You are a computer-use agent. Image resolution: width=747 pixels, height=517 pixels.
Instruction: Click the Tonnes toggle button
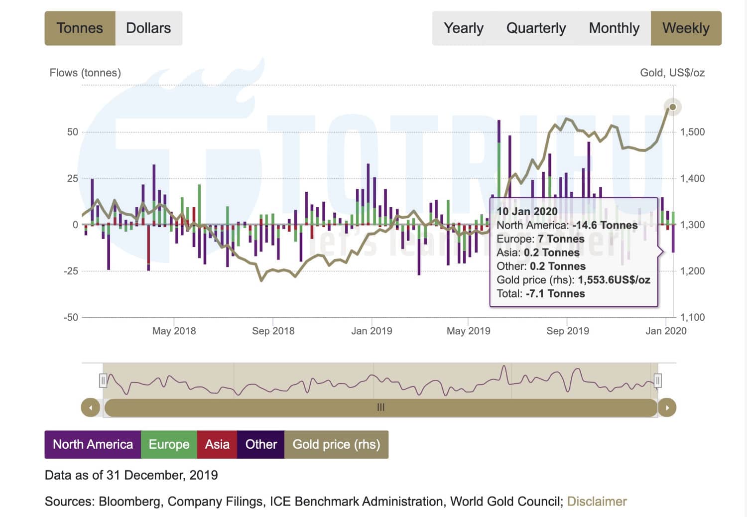tap(80, 28)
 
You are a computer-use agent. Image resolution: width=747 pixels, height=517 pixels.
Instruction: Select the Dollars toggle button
tap(148, 28)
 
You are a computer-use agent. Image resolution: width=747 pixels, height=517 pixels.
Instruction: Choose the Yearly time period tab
tap(463, 28)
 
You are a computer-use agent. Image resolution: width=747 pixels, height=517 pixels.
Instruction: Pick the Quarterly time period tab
tap(536, 28)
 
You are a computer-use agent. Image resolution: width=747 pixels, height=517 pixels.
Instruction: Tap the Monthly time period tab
tap(614, 28)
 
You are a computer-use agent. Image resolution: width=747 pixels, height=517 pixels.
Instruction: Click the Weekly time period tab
tap(686, 28)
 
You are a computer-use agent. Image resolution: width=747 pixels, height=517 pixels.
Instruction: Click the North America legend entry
tap(93, 444)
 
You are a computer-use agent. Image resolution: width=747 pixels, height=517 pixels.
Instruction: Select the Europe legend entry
tap(169, 444)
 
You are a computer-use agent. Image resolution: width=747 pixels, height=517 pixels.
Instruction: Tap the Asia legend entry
tap(217, 444)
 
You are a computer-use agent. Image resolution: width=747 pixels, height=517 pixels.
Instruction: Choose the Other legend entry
tap(261, 444)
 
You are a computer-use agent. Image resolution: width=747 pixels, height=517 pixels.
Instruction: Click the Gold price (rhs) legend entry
tap(336, 444)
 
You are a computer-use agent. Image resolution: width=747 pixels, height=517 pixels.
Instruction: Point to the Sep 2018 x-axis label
tap(273, 331)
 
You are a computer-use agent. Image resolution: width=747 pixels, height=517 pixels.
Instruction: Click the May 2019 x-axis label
tap(468, 331)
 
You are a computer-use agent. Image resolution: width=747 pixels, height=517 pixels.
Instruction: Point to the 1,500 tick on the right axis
tap(692, 132)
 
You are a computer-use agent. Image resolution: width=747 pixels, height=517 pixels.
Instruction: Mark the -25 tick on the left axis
tap(71, 271)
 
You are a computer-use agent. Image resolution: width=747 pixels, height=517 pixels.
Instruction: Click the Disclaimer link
tap(597, 501)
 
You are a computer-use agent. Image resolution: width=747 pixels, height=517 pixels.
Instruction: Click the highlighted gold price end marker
tap(673, 107)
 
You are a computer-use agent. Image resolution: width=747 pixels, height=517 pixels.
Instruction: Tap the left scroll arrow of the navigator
tap(90, 407)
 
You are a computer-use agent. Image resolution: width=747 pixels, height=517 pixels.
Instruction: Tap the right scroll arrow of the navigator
tap(667, 407)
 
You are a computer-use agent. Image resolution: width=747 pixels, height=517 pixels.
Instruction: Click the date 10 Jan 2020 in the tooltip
tap(527, 211)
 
